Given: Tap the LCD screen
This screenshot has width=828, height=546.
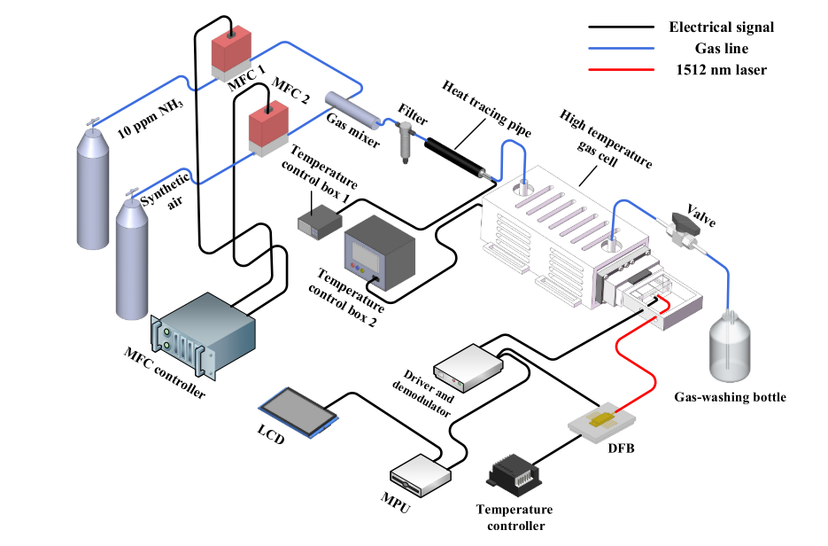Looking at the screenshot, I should click(298, 409).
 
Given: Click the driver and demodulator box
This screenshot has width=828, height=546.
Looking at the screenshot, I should click(468, 365).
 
